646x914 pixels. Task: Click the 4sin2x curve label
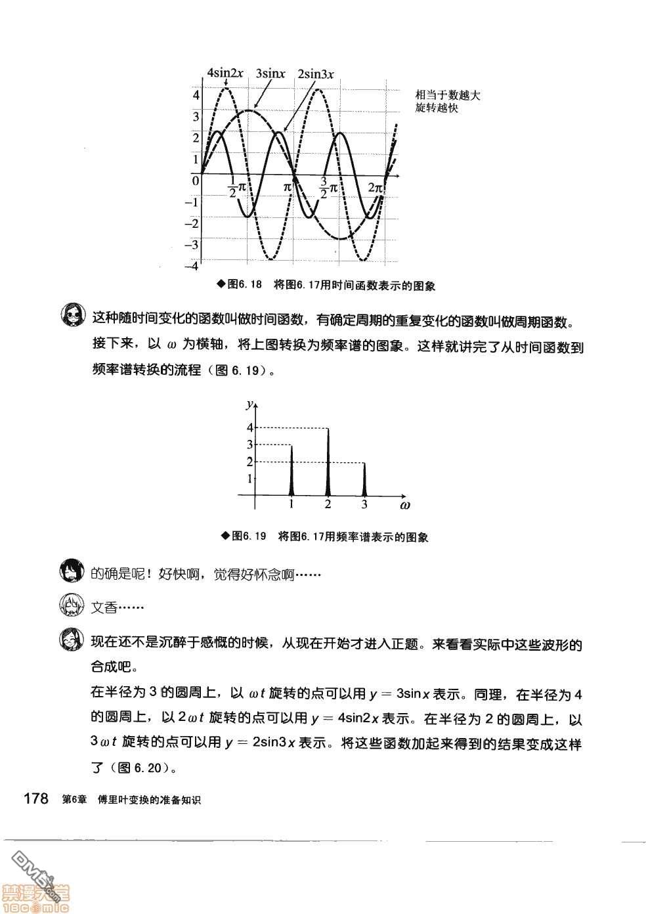pyautogui.click(x=225, y=73)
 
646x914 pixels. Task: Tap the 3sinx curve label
pyautogui.click(x=270, y=74)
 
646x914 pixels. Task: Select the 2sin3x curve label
pyautogui.click(x=315, y=74)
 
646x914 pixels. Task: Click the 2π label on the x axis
pyautogui.click(x=375, y=188)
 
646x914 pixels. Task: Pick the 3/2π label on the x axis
pyautogui.click(x=328, y=187)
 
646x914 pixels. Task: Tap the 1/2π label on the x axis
pyautogui.click(x=236, y=187)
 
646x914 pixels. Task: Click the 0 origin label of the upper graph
pyautogui.click(x=195, y=180)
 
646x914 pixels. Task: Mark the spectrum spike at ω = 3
pyautogui.click(x=364, y=479)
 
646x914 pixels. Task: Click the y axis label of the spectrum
pyautogui.click(x=249, y=403)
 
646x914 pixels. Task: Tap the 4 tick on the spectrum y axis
pyautogui.click(x=249, y=427)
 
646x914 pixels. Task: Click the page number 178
pyautogui.click(x=36, y=799)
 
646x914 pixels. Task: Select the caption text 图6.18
pyautogui.click(x=244, y=285)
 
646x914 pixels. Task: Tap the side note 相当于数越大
pyautogui.click(x=448, y=95)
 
